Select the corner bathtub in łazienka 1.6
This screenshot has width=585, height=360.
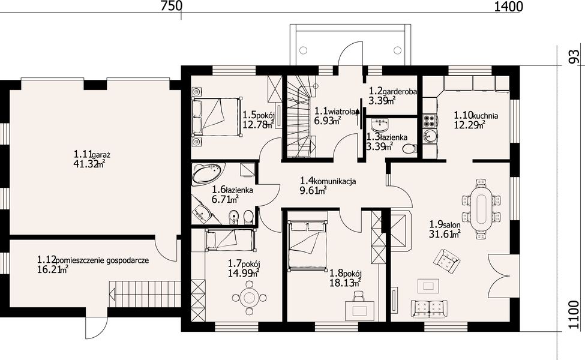[x=208, y=173]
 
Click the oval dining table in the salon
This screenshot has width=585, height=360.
[x=481, y=209]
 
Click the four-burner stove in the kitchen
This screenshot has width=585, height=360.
[x=430, y=121]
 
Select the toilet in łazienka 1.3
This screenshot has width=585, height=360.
[x=410, y=148]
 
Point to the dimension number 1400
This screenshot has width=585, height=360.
[x=509, y=7]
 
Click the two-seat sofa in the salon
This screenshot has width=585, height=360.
[x=429, y=308]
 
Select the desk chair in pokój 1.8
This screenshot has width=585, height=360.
[x=358, y=296]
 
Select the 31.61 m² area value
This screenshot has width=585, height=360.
[x=445, y=234]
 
